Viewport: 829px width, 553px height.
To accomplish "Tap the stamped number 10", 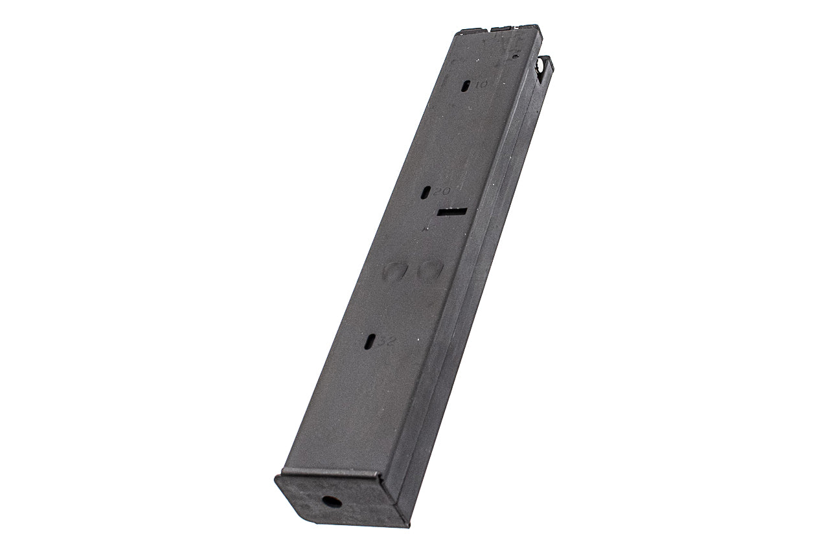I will pyautogui.click(x=482, y=84).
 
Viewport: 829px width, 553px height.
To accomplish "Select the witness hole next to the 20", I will pyautogui.click(x=426, y=192).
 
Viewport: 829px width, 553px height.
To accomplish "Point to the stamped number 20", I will pyautogui.click(x=442, y=192).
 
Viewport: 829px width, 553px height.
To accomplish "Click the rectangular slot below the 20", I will pyautogui.click(x=452, y=211).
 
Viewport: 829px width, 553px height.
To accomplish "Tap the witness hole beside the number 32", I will pyautogui.click(x=369, y=341).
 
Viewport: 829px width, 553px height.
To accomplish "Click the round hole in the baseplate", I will pyautogui.click(x=332, y=501).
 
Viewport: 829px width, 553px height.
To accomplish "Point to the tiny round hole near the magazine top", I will pyautogui.click(x=515, y=56).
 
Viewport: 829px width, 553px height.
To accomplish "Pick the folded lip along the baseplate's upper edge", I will pyautogui.click(x=330, y=473).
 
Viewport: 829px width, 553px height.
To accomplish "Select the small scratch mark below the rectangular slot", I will pyautogui.click(x=426, y=227).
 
